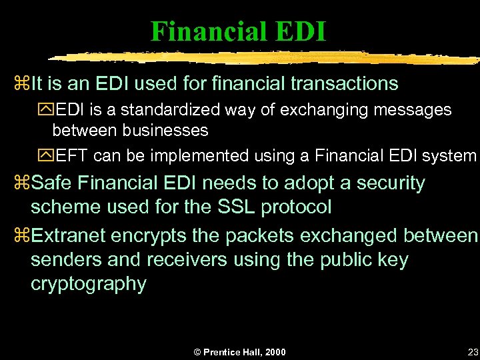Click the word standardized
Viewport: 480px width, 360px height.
tap(169, 110)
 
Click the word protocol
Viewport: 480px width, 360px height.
tap(296, 207)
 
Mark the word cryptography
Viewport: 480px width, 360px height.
tap(88, 284)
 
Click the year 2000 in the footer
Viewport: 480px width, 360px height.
tap(274, 351)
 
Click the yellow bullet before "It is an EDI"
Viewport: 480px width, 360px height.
tap(19, 85)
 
